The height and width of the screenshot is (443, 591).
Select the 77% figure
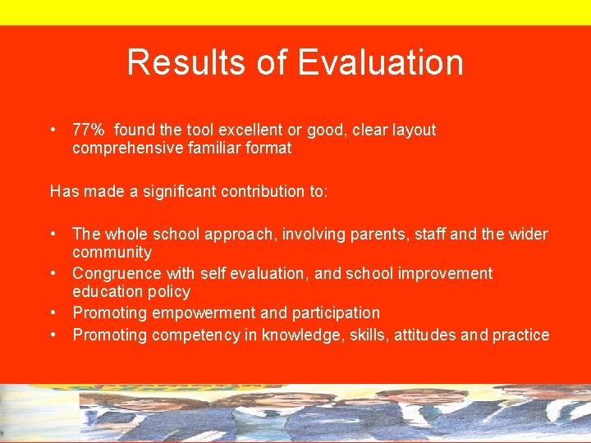[x=89, y=130]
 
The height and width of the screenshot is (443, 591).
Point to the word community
[x=112, y=253]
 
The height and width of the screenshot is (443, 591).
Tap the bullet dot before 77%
[x=53, y=130]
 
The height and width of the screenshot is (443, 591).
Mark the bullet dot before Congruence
[x=53, y=273]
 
